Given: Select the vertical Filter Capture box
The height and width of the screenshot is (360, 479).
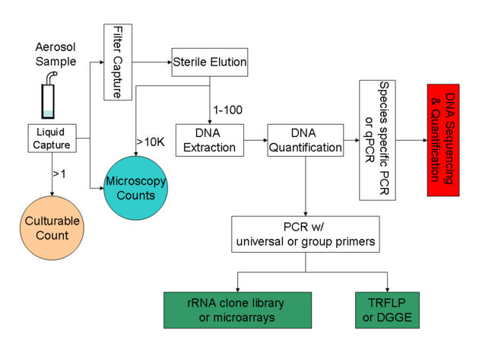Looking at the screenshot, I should click(x=117, y=62).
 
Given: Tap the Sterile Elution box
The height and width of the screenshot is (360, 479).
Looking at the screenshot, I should click(x=209, y=60).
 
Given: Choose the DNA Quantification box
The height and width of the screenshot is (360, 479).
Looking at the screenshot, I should click(x=305, y=139).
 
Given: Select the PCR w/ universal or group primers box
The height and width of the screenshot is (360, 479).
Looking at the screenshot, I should click(x=305, y=234).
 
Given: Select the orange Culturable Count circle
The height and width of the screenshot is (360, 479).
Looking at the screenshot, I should click(x=52, y=228).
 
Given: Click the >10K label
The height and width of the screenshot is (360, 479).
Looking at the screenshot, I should click(x=149, y=142).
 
